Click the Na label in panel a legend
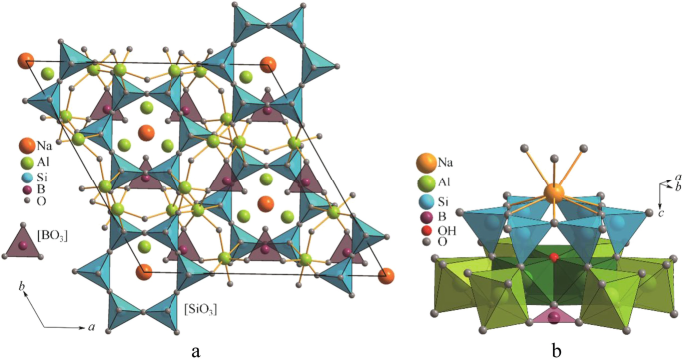44,147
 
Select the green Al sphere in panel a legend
27,163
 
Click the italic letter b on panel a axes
21,287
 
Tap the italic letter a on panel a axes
92,327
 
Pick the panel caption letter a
196,350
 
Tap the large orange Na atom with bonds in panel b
554,192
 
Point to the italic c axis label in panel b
662,213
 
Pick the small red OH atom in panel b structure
554,257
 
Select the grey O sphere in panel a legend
27,201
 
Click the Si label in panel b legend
443,202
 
